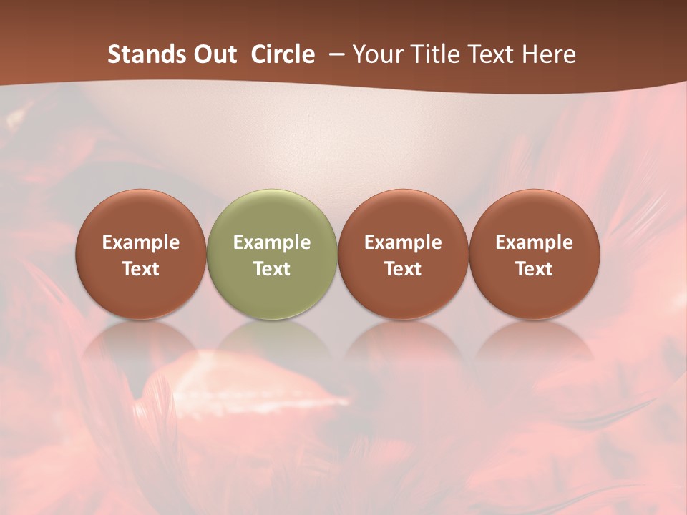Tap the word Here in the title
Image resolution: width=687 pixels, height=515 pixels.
tap(550, 54)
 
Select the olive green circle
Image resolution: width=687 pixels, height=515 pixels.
tap(272, 254)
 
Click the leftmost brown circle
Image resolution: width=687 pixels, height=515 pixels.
tap(141, 254)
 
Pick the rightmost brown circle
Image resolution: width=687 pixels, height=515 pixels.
tap(535, 254)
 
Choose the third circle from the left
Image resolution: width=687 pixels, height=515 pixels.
tap(403, 254)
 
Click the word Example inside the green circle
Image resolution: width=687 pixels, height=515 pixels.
tap(272, 242)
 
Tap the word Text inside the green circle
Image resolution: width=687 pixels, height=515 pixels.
tap(272, 269)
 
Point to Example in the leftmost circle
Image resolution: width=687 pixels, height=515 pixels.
tap(141, 242)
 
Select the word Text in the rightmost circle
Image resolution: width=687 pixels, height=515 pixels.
tap(535, 269)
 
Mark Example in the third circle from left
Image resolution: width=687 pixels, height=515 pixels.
tap(403, 242)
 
